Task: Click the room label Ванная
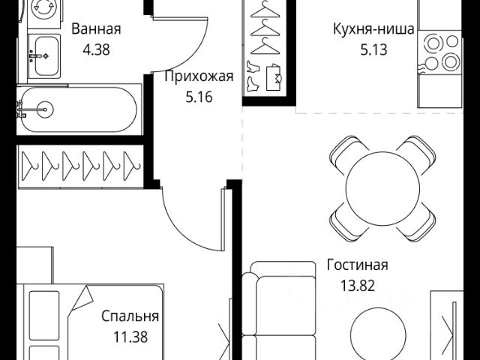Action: point(96,30)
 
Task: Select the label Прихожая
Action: point(199,77)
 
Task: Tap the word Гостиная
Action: point(357,265)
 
